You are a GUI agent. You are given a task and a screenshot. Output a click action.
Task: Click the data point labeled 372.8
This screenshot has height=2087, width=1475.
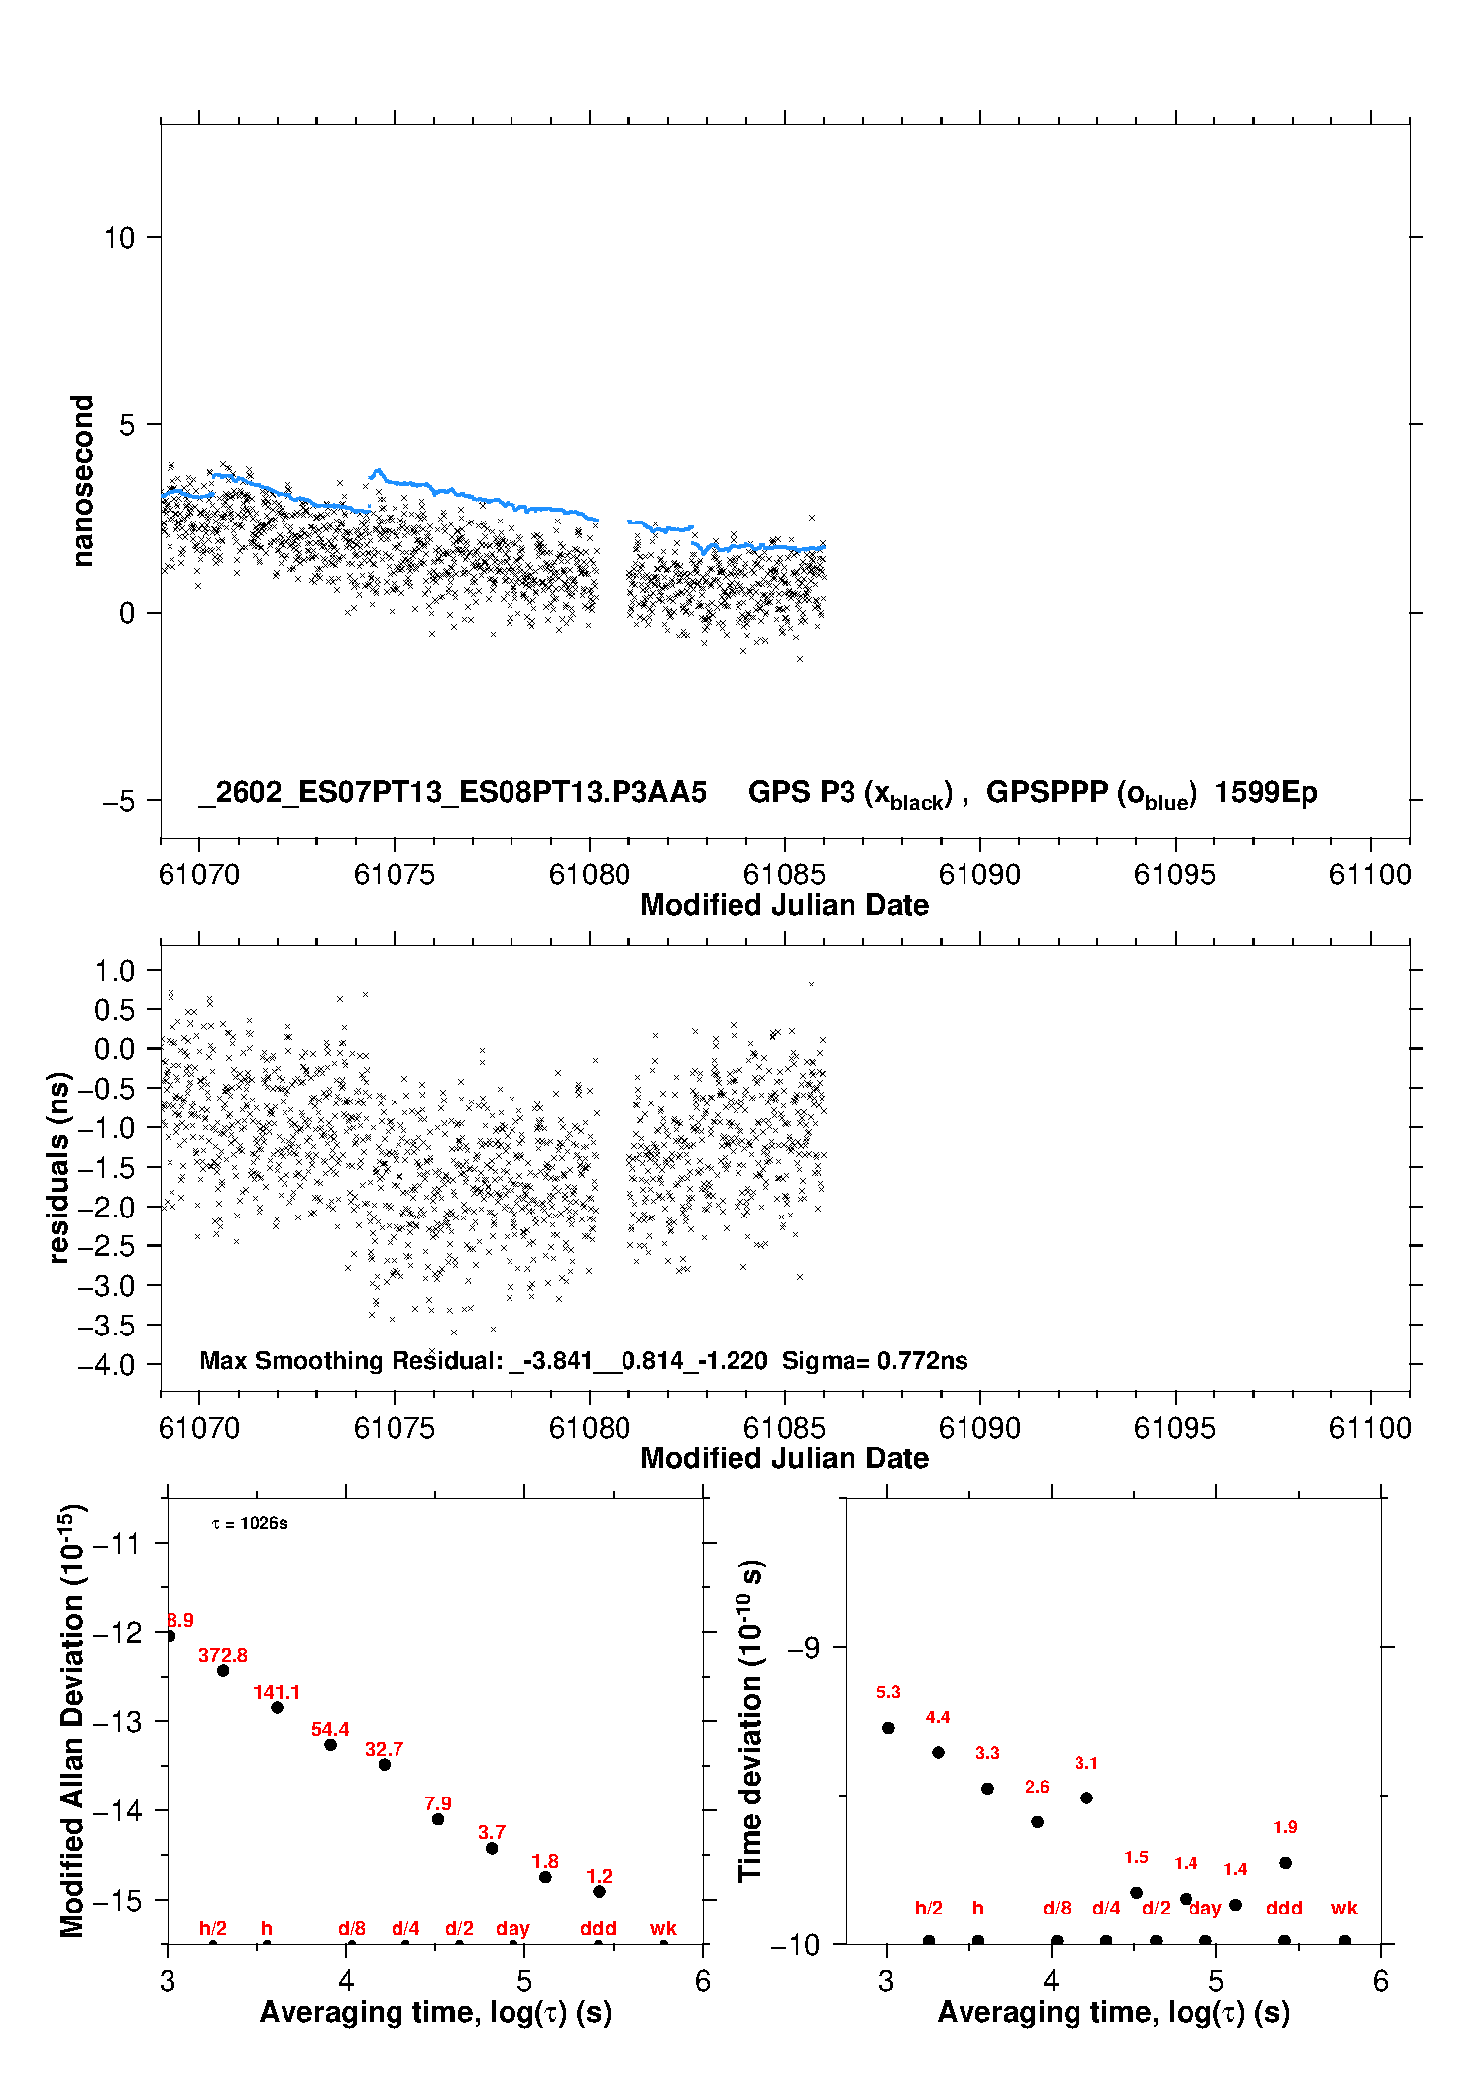[223, 1671]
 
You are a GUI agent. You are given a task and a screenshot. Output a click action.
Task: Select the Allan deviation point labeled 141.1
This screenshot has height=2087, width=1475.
[277, 1707]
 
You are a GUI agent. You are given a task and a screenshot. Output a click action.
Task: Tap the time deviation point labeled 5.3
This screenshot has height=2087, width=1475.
[888, 1728]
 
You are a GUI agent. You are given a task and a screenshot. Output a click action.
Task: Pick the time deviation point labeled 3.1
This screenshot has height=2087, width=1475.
[1086, 1797]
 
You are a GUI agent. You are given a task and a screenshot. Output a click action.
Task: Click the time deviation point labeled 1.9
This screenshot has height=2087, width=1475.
[1285, 1863]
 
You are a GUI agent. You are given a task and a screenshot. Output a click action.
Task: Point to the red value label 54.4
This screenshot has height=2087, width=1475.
[330, 1729]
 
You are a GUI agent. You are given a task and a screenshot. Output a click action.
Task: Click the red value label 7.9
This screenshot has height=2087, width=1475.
[438, 1803]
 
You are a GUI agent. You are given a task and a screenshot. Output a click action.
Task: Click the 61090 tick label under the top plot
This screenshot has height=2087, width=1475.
[979, 874]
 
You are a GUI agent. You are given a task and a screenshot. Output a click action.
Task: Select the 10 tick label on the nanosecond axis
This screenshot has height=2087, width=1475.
[119, 238]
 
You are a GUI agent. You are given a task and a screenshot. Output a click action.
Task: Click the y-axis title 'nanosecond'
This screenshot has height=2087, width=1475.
[83, 481]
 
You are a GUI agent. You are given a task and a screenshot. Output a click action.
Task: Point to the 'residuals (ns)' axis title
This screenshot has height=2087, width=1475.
[59, 1167]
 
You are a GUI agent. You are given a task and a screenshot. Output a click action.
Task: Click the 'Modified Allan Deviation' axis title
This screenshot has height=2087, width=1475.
[72, 1720]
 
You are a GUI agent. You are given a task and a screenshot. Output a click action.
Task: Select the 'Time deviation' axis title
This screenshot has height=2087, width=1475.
[750, 1720]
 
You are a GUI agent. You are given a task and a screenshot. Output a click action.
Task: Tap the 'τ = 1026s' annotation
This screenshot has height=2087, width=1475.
[250, 1523]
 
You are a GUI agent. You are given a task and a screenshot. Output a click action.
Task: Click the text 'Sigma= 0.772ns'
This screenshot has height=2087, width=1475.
[874, 1360]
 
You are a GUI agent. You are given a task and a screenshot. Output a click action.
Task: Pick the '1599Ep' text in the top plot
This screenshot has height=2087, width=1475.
[1266, 793]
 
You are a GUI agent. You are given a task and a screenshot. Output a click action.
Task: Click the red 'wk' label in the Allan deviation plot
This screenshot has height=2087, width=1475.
[663, 1928]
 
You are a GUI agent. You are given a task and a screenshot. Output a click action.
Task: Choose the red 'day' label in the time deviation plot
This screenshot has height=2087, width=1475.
[1204, 1908]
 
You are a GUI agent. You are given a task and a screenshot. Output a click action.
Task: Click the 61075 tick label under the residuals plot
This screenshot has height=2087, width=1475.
[394, 1428]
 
